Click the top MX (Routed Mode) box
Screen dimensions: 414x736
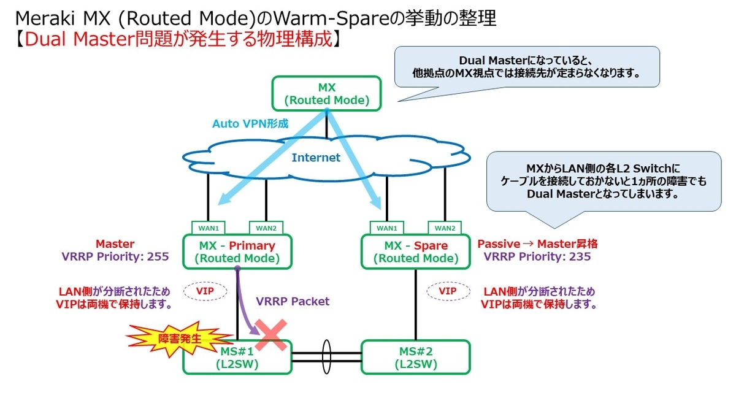(x=326, y=94)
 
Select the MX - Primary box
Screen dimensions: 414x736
(x=237, y=251)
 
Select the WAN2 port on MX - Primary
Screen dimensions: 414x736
(x=266, y=228)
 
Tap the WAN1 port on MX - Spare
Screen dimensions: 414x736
(x=387, y=228)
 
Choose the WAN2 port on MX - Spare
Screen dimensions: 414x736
(x=445, y=228)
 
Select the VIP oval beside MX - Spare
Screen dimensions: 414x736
(x=448, y=291)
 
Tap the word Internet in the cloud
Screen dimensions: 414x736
(x=315, y=158)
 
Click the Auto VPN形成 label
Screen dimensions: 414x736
(x=250, y=123)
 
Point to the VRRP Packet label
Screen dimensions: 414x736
(x=293, y=301)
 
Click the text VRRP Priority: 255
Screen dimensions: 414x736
(x=116, y=256)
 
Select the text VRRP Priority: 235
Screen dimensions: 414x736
(x=537, y=256)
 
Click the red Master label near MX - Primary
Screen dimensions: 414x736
(x=115, y=243)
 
